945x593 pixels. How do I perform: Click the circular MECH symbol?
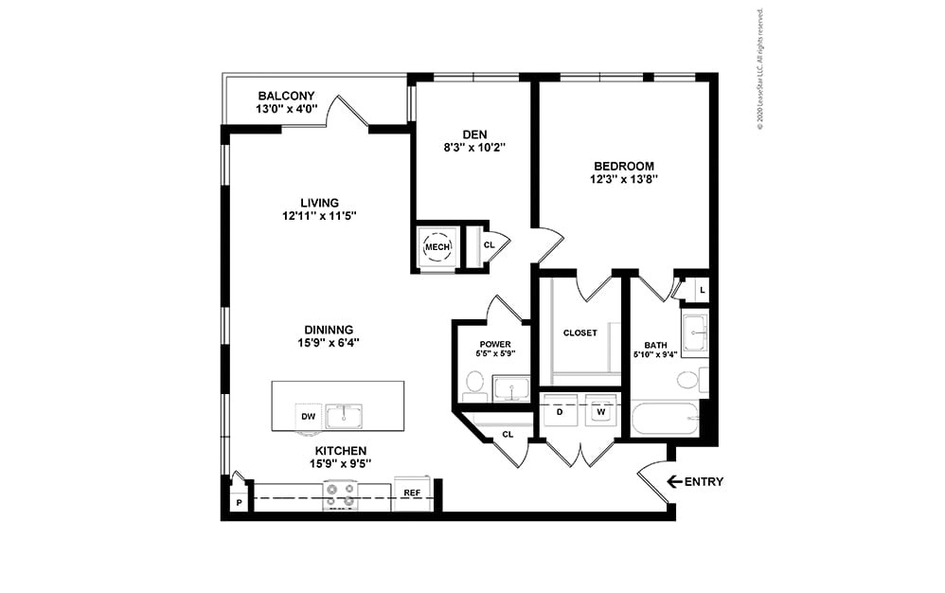437,247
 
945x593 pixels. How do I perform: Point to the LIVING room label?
319,203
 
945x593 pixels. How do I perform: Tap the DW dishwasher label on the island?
308,417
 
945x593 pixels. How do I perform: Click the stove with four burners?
340,495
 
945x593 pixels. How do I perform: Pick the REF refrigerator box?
412,494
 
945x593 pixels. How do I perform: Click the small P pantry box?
239,502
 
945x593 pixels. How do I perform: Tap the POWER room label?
495,344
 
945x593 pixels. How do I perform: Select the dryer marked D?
560,411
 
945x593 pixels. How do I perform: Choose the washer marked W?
600,411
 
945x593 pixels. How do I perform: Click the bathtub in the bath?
666,418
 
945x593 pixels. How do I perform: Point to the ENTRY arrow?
675,482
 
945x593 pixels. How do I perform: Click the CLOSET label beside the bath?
579,332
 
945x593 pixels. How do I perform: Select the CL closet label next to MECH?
489,244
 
